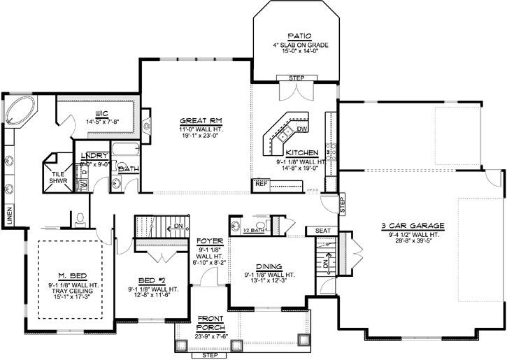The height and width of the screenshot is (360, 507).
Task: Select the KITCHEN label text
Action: tap(303, 152)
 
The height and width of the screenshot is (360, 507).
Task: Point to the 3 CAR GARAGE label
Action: tap(413, 225)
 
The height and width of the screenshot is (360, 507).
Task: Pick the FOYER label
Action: tap(210, 240)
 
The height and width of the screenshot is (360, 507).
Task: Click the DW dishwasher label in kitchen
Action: tap(302, 129)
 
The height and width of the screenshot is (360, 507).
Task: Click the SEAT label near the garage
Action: tap(322, 230)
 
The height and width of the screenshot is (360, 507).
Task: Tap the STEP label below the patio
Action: tap(297, 78)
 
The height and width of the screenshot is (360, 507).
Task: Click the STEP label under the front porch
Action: tap(209, 354)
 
